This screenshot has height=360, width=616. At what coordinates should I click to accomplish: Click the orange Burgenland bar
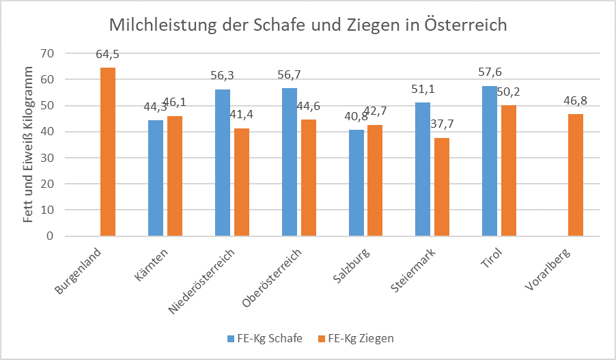[x=108, y=152]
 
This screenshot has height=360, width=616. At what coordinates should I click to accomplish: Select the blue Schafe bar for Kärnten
[x=156, y=178]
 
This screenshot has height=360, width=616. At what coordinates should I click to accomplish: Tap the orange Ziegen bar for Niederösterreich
[x=242, y=182]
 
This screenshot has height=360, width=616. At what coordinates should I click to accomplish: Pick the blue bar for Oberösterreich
[x=290, y=162]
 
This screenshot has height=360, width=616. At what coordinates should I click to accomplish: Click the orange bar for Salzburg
[x=375, y=180]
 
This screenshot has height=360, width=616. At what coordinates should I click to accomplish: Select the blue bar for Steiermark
[x=423, y=169]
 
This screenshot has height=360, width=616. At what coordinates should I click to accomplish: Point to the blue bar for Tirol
[x=490, y=161]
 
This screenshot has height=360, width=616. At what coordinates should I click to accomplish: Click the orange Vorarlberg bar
[x=576, y=175]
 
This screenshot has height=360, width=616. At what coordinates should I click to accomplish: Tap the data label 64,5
[x=107, y=54]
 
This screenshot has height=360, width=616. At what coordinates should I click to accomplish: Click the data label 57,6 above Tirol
[x=490, y=72]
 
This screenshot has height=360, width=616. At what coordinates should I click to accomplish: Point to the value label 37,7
[x=442, y=124]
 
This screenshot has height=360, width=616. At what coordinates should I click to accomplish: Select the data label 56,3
[x=222, y=75]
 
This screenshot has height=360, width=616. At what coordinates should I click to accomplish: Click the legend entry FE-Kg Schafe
[x=265, y=338]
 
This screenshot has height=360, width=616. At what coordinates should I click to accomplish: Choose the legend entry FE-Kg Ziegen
[x=356, y=338]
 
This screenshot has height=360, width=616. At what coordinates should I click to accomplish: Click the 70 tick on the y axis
[x=47, y=53]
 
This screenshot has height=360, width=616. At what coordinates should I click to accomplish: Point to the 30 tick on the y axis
[x=47, y=158]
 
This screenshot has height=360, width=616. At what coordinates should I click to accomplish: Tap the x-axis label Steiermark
[x=413, y=271]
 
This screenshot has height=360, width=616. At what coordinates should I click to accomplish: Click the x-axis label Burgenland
[x=78, y=271]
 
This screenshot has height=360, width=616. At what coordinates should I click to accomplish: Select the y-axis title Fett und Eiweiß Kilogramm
[x=28, y=145]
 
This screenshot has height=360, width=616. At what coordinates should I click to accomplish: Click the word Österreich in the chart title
[x=465, y=25]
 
